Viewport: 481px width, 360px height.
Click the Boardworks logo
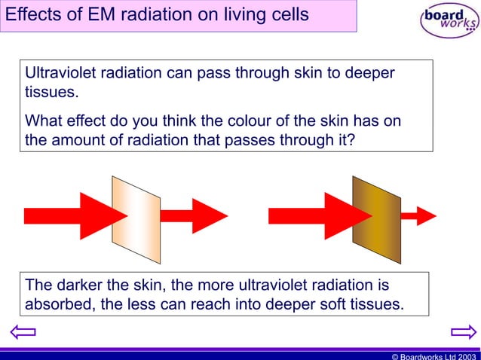[x=449, y=20]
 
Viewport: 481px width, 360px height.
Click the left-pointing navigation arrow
[x=23, y=331]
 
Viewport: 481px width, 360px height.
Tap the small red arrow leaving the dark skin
[x=418, y=215]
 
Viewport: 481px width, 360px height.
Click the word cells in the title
[x=289, y=15]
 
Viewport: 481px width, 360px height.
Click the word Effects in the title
[x=31, y=15]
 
